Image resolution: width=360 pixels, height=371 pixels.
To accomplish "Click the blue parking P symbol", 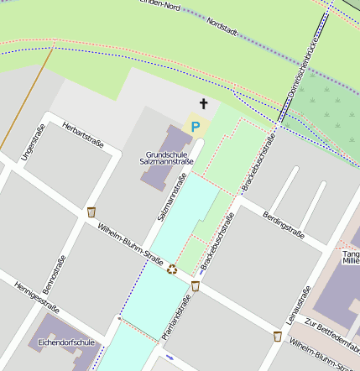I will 196,127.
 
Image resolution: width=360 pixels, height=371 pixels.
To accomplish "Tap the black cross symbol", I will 202,104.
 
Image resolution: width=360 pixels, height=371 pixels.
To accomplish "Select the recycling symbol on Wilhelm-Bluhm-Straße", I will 172,269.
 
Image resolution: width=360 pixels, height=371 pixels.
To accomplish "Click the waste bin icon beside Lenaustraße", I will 277,336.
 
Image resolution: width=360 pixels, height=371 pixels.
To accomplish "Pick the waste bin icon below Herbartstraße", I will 91,212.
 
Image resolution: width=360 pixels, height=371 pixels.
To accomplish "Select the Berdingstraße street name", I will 283,223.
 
